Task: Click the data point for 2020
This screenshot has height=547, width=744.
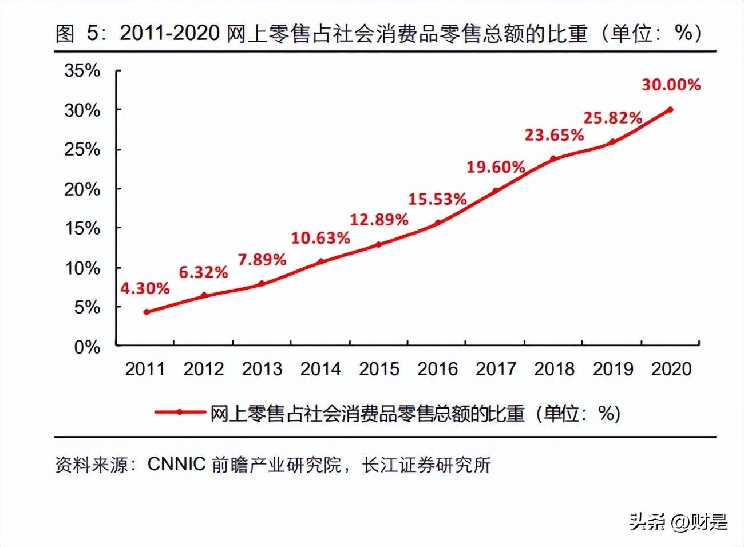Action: click(670, 109)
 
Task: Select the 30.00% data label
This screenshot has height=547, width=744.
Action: click(671, 85)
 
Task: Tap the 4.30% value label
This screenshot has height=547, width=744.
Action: click(145, 288)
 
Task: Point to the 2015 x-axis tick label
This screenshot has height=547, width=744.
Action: click(379, 369)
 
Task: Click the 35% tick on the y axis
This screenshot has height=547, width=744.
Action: click(82, 70)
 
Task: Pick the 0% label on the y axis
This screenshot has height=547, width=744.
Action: click(87, 347)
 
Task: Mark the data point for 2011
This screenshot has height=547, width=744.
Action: click(147, 312)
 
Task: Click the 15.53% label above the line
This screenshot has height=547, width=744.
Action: click(437, 199)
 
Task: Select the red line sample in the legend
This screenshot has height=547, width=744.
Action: click(180, 412)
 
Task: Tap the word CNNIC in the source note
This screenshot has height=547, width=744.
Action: click(176, 464)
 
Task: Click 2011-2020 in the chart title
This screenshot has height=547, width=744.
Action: click(169, 33)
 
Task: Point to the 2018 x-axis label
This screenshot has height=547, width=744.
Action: click(554, 369)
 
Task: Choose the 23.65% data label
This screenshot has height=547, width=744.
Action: click(554, 135)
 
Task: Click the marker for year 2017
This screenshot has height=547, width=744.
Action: click(496, 191)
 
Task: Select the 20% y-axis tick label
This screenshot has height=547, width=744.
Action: click(82, 189)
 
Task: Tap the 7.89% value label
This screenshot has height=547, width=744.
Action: click(262, 260)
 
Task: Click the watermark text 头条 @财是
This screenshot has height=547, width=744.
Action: click(678, 521)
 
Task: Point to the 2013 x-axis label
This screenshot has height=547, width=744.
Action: click(262, 369)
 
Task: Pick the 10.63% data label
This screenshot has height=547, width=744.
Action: click(320, 237)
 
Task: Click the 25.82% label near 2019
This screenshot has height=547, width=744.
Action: click(612, 118)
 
